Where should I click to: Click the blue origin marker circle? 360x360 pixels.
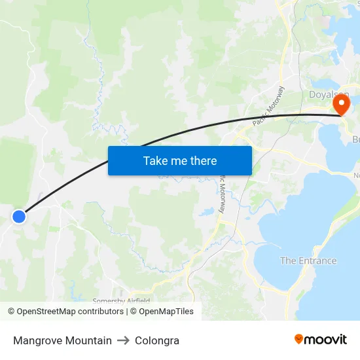[x=19, y=216]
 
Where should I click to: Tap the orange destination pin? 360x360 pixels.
[x=341, y=104]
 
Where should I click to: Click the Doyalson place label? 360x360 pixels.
[x=329, y=95]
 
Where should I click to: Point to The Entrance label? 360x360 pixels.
[x=308, y=261]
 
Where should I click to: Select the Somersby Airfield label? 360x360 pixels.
[x=121, y=301]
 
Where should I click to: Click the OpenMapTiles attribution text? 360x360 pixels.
[x=166, y=312]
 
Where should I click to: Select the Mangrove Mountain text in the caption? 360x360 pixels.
[x=62, y=340]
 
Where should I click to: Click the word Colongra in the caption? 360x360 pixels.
[x=157, y=340]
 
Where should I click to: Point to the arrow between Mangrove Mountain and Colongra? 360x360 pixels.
[x=123, y=340]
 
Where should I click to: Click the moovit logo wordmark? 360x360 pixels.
[x=326, y=339]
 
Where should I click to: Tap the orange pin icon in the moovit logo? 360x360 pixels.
[x=299, y=339]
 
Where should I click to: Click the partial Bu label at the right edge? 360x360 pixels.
[x=356, y=139]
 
